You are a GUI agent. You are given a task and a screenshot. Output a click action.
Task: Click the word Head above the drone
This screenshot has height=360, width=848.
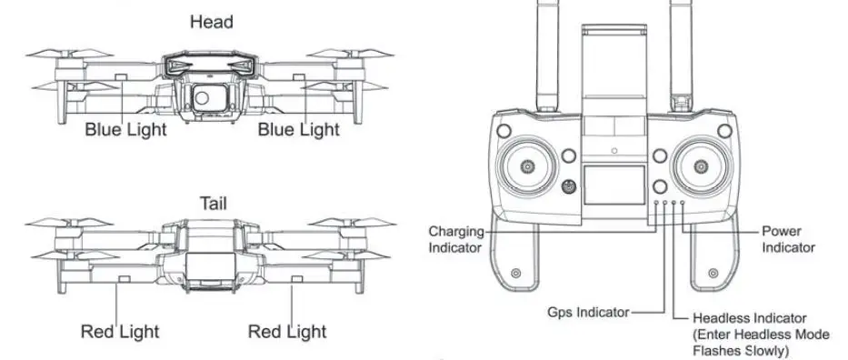click(211, 22)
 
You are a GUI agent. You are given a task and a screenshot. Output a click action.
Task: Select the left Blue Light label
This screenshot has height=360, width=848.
click(126, 130)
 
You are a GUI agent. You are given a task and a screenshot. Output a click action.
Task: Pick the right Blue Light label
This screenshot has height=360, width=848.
click(298, 130)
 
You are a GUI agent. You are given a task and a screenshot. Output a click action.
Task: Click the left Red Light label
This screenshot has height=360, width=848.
click(120, 331)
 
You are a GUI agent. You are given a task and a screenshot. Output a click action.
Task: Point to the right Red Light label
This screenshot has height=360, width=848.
click(287, 331)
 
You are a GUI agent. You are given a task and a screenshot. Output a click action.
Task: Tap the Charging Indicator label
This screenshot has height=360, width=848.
click(455, 239)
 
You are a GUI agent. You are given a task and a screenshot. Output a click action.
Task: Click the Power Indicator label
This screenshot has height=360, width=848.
click(788, 239)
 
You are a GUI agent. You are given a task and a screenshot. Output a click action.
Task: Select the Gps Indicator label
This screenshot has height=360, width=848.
click(588, 312)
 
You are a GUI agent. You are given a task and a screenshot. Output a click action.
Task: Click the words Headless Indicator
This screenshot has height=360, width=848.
click(749, 318)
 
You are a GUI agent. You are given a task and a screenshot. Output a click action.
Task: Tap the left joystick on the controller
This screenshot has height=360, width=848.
click(528, 167)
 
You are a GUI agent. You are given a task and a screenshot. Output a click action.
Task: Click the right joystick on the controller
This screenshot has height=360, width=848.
click(702, 167)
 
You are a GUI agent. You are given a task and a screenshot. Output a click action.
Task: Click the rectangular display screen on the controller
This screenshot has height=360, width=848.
click(613, 185)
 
